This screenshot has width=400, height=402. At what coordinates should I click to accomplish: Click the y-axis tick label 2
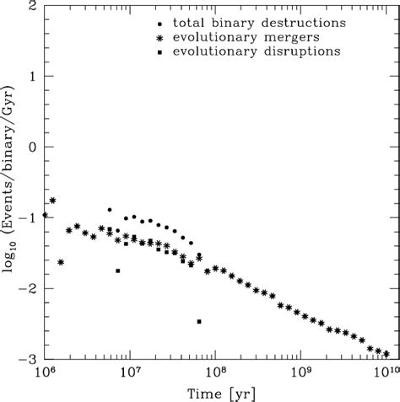tap(31, 6)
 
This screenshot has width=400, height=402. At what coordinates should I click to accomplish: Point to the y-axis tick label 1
tap(31, 77)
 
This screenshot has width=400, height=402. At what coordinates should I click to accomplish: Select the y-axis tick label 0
tap(31, 147)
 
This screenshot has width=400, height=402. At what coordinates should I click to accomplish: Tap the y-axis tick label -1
tap(28, 217)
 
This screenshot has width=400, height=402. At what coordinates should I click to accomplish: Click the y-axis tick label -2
tap(28, 288)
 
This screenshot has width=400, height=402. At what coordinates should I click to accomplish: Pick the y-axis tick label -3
tap(28, 358)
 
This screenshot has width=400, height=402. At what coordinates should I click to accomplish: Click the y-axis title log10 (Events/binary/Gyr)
tap(8, 182)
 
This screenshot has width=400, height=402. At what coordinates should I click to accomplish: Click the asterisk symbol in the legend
tap(160, 37)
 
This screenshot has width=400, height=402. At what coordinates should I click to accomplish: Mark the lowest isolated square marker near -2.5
tap(199, 321)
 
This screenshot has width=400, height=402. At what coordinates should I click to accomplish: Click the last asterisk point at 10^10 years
tap(386, 353)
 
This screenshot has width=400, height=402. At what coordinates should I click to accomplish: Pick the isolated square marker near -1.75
tap(117, 271)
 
